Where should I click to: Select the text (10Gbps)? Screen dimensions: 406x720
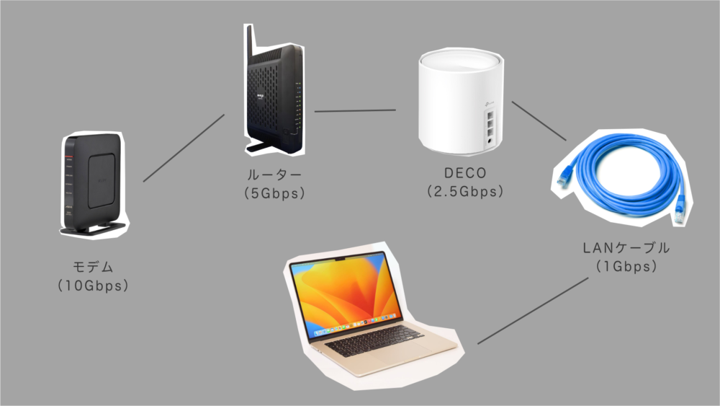[x=93, y=286]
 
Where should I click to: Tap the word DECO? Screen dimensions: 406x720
[x=464, y=174]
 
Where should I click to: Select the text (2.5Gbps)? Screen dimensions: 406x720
[x=464, y=192]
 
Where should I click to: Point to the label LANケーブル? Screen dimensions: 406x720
[x=626, y=248]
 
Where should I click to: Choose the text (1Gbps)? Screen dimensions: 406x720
[x=626, y=266]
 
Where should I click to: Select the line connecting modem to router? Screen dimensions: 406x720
[x=184, y=147]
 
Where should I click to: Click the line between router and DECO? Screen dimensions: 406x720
[x=355, y=111]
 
